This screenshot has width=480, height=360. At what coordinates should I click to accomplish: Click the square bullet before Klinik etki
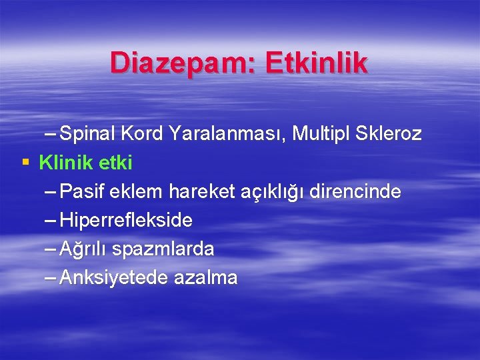click(x=25, y=162)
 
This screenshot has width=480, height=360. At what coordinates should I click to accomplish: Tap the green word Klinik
click(x=66, y=162)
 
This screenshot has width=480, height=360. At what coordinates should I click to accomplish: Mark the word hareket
click(x=200, y=192)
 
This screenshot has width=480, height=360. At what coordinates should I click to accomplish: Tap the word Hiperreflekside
click(x=126, y=221)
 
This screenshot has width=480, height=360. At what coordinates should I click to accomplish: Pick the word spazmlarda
click(x=163, y=250)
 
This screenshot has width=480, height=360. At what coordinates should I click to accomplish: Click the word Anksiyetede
click(x=114, y=278)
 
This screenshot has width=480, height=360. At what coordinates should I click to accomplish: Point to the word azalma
click(x=206, y=278)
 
